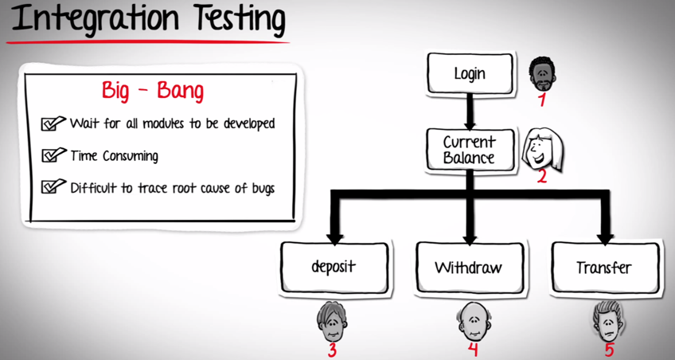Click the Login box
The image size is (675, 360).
coord(469,74)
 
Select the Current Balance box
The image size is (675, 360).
coord(469,149)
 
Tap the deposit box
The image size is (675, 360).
coord(334,267)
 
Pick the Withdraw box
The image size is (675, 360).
coord(468,267)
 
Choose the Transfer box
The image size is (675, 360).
coord(604,267)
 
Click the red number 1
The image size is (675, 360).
coord(542,100)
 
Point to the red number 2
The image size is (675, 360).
coord(541,176)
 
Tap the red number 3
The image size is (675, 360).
coord(333,349)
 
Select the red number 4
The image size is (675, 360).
coord(472,349)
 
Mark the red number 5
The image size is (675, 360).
coord(609,349)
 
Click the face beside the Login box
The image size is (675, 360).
coord(543,73)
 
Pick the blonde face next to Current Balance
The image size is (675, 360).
coord(541,147)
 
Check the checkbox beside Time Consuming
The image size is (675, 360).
coord(53,155)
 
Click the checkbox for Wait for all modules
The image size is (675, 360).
coord(53,124)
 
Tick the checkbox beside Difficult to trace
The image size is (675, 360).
coord(53,187)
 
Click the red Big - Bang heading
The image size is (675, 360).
coord(153,91)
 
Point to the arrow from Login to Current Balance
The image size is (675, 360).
coord(470,111)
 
